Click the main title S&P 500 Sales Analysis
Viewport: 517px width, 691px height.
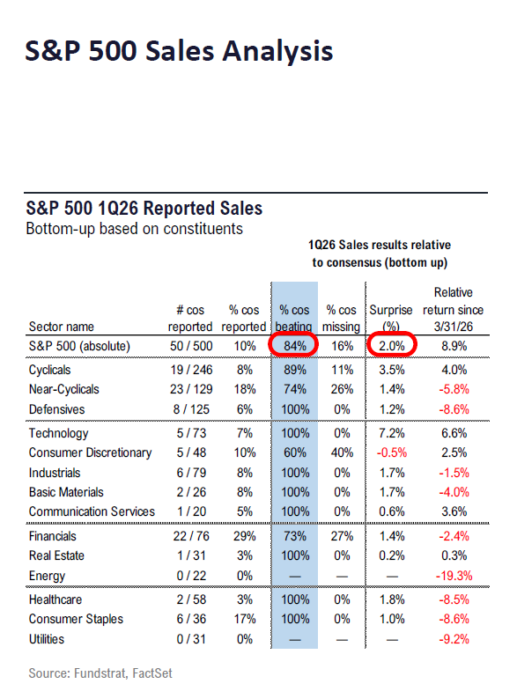pyautogui.click(x=180, y=50)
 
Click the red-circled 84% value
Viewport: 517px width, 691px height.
pyautogui.click(x=293, y=347)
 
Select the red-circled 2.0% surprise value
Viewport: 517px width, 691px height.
pyautogui.click(x=389, y=347)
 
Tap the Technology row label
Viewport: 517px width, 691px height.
pyautogui.click(x=58, y=433)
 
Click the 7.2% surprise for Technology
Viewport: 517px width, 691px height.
pyautogui.click(x=389, y=433)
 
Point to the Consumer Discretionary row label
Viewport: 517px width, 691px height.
pyautogui.click(x=90, y=452)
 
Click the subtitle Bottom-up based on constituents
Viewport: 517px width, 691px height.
pyautogui.click(x=134, y=229)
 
